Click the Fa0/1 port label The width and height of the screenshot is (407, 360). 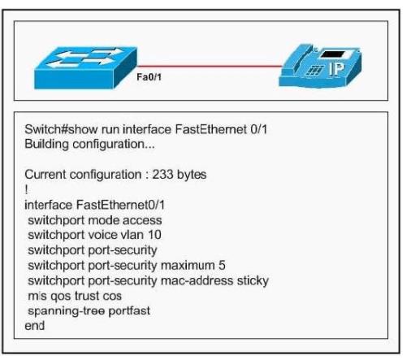click(x=149, y=77)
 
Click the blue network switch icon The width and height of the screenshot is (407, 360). click(x=85, y=67)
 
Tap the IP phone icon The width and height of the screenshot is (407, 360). click(x=320, y=66)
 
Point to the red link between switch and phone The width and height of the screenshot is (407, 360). click(x=210, y=66)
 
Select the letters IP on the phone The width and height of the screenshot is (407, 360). click(x=336, y=69)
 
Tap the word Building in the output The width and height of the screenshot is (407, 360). click(x=46, y=144)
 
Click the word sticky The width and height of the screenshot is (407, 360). click(x=253, y=281)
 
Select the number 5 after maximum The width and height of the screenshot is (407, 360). click(x=222, y=266)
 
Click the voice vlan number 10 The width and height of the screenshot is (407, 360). click(x=154, y=235)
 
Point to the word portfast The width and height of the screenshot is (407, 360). click(x=129, y=311)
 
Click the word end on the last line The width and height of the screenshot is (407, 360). click(x=34, y=326)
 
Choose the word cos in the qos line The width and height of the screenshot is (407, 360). click(x=112, y=296)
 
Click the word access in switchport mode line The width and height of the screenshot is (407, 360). click(x=142, y=220)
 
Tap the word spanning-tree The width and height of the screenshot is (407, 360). click(x=67, y=311)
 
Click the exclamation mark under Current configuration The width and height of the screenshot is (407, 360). click(x=26, y=189)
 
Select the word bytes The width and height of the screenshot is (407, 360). click(x=192, y=175)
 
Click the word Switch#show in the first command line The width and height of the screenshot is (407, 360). click(x=61, y=129)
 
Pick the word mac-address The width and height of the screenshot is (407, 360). click(x=197, y=281)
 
